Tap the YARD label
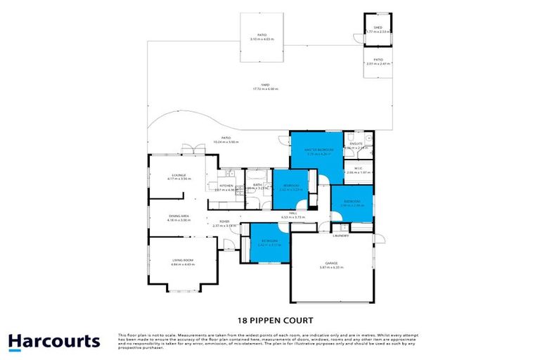265,85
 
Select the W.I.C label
358,168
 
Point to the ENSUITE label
356,144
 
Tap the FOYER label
224,221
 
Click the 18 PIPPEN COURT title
270,319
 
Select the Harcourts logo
54,342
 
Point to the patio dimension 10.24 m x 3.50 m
226,141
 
